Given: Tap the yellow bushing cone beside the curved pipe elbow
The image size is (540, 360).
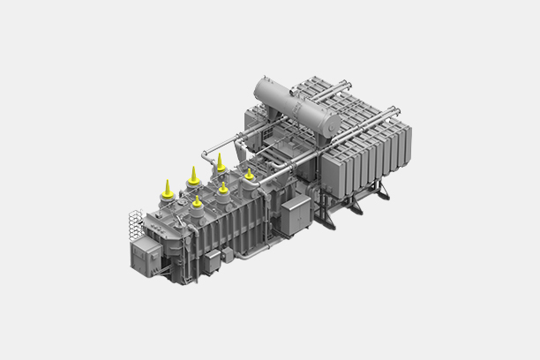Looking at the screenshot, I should (220, 161).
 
